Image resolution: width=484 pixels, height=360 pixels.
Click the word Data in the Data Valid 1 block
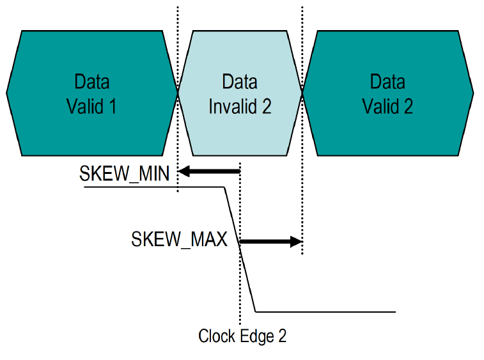pyautogui.click(x=92, y=82)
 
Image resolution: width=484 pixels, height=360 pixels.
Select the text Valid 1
pyautogui.click(x=92, y=106)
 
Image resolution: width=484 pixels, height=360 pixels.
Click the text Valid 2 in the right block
pyautogui.click(x=387, y=106)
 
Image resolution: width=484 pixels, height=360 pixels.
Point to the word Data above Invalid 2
pyautogui.click(x=240, y=82)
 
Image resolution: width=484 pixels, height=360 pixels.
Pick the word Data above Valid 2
pyautogui.click(x=387, y=82)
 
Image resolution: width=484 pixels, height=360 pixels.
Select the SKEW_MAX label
pyautogui.click(x=180, y=240)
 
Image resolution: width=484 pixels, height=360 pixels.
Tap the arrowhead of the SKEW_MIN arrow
pyautogui.click(x=184, y=171)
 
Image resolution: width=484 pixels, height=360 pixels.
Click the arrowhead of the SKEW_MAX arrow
pyautogui.click(x=295, y=241)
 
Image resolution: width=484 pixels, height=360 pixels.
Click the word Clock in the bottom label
pyautogui.click(x=216, y=336)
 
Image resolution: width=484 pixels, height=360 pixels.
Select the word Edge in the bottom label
pyautogui.click(x=255, y=336)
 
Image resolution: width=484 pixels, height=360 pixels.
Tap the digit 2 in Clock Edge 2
pyautogui.click(x=282, y=336)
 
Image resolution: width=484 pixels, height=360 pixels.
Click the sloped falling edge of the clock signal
pyautogui.click(x=240, y=249)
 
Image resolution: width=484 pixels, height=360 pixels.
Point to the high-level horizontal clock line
pyautogui.click(x=153, y=187)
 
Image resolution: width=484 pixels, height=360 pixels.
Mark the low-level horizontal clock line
pyautogui.click(x=326, y=312)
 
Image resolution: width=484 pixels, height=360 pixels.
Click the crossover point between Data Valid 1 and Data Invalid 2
pyautogui.click(x=178, y=93)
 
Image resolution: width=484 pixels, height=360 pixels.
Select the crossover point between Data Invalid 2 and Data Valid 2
pyautogui.click(x=302, y=93)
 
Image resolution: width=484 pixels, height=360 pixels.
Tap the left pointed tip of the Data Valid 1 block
pyautogui.click(x=7, y=93)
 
